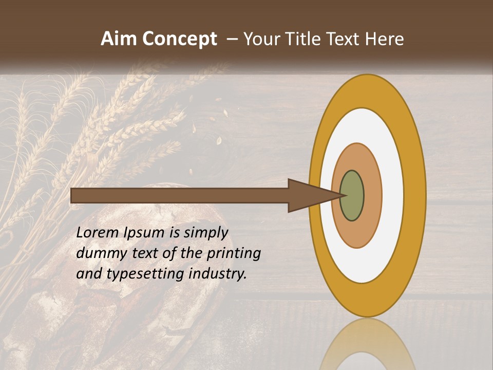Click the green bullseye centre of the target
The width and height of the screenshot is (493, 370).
[x=352, y=196]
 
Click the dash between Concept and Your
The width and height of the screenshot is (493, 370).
[x=232, y=40]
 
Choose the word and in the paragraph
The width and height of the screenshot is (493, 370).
[x=89, y=274]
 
